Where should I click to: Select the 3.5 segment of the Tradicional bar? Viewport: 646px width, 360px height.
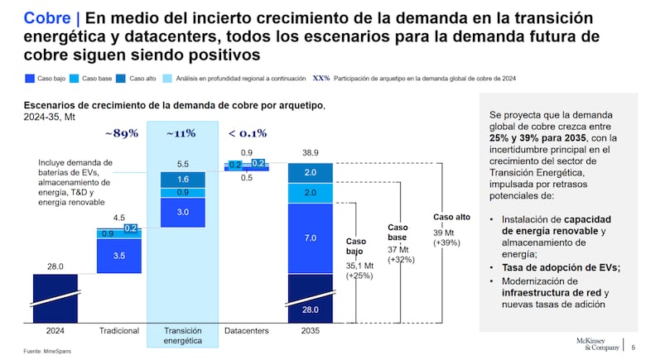(x=119, y=256)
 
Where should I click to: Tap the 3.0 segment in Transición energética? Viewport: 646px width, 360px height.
(x=183, y=213)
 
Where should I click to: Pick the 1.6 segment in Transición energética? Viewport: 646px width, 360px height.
(x=183, y=179)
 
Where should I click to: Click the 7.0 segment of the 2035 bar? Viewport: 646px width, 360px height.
(x=310, y=238)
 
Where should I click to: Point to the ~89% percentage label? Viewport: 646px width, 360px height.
(x=121, y=133)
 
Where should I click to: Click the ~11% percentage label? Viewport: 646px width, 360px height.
(x=181, y=133)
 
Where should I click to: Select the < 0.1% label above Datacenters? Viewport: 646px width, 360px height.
(x=248, y=133)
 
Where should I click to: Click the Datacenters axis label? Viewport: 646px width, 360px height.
(x=247, y=331)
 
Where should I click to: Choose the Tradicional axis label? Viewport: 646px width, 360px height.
(x=119, y=331)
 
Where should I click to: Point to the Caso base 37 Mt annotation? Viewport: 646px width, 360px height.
(x=401, y=242)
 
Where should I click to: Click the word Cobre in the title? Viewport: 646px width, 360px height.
(x=46, y=17)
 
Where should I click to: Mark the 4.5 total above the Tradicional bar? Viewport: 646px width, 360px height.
(x=119, y=218)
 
